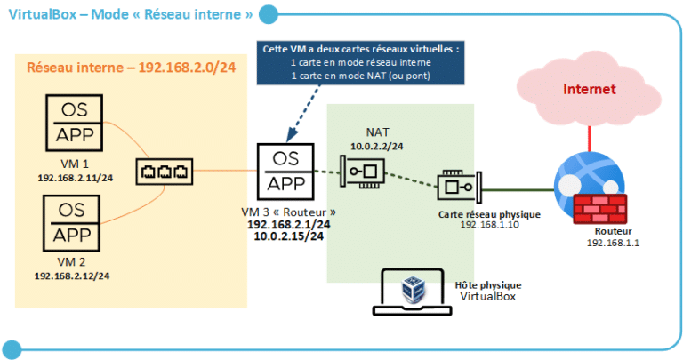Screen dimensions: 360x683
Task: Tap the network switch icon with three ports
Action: (x=164, y=171)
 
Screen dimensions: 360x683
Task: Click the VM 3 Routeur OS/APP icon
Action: (x=285, y=172)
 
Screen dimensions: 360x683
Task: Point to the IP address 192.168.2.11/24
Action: (x=73, y=177)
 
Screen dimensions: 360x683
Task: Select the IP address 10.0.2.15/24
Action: (x=288, y=237)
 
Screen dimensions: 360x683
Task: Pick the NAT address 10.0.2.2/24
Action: (x=377, y=143)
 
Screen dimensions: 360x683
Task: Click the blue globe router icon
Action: (x=581, y=181)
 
